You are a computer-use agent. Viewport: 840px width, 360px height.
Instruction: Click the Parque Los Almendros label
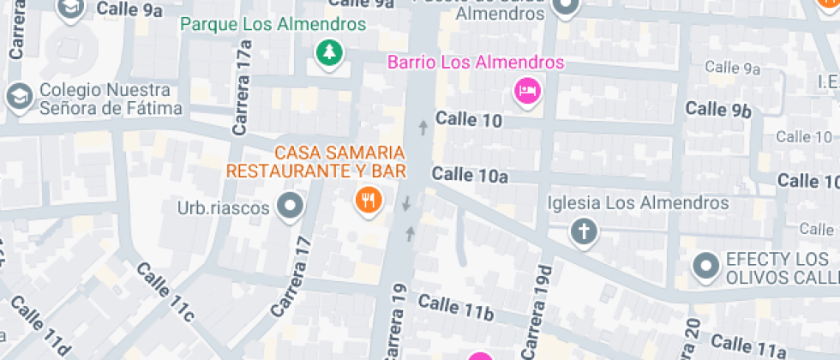(x=273, y=24)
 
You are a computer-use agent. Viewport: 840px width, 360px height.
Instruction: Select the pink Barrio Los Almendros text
(x=476, y=63)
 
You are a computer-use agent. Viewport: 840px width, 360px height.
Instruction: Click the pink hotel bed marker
(x=526, y=90)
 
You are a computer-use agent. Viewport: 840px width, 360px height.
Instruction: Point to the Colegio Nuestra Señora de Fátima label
(x=111, y=99)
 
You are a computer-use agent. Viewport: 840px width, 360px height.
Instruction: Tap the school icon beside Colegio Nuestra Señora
(x=18, y=97)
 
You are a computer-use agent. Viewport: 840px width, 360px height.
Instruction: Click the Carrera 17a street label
(x=243, y=93)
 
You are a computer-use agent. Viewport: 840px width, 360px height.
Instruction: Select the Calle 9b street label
(x=718, y=109)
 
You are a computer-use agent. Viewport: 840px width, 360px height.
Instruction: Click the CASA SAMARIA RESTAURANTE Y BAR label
(x=315, y=161)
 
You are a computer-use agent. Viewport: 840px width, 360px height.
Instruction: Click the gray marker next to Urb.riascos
(x=292, y=206)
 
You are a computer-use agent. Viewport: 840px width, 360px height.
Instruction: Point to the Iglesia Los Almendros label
(x=639, y=203)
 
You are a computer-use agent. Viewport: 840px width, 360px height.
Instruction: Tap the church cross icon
(x=584, y=231)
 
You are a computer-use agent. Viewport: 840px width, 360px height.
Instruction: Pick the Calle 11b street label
(x=456, y=306)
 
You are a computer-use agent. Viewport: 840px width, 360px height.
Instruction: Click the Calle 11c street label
(x=166, y=293)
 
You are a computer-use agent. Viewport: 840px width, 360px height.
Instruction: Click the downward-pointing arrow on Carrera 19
(x=406, y=203)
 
